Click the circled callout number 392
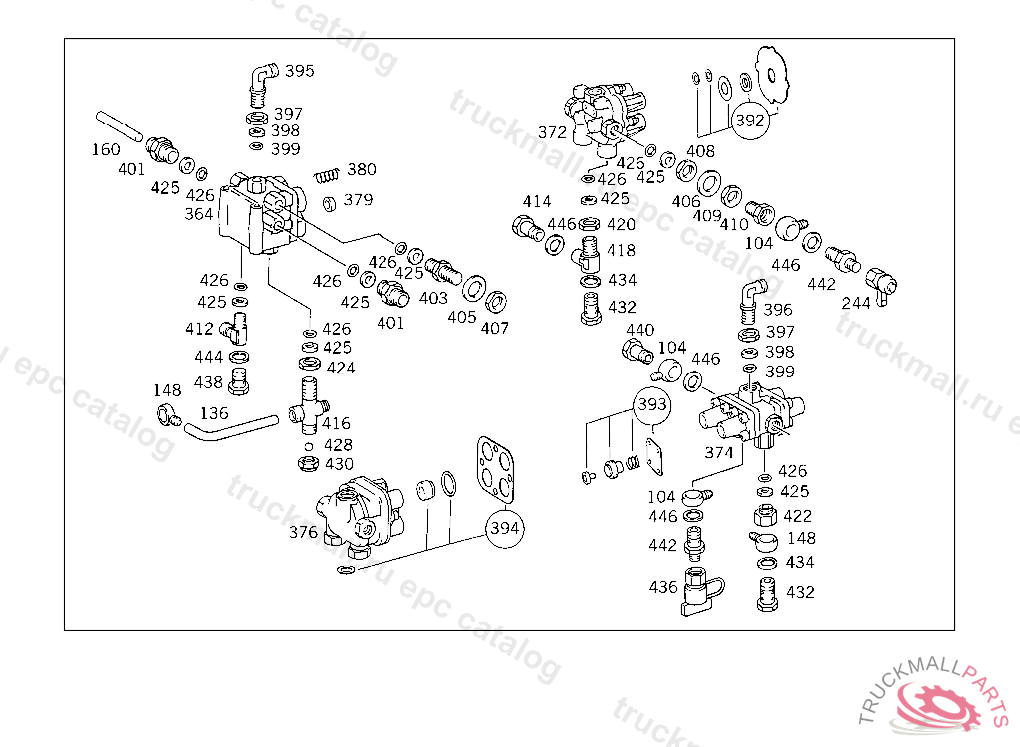tap(749, 121)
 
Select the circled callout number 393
tap(651, 404)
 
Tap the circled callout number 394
tap(505, 528)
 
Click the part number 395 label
tap(299, 71)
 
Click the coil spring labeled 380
tap(327, 175)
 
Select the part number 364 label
tap(199, 214)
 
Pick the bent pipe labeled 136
tap(231, 428)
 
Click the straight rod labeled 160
tap(120, 126)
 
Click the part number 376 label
tap(303, 532)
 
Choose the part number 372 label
tap(552, 132)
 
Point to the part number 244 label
tap(856, 303)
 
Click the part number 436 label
tap(663, 587)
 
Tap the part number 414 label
tap(537, 202)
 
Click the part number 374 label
tap(719, 452)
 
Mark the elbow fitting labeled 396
tap(753, 302)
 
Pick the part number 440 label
tap(640, 330)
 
